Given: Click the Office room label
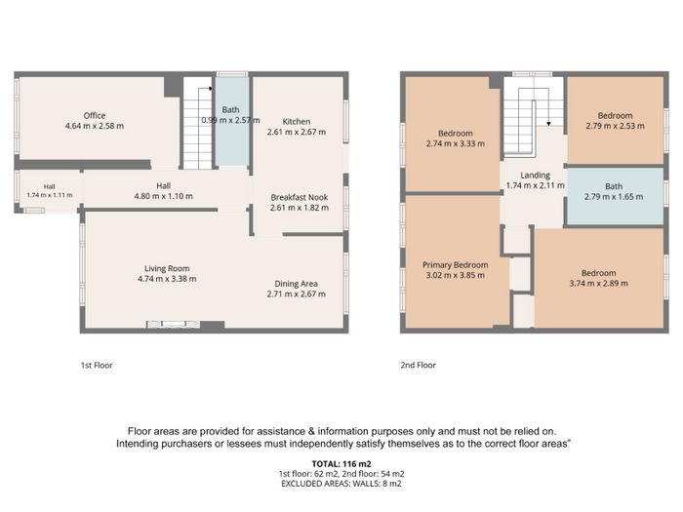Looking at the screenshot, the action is point(95,115).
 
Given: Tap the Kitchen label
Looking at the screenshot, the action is point(297,122).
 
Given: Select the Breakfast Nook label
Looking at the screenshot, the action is point(300,197).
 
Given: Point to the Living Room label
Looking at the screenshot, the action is point(167,268).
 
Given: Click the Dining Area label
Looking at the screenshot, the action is point(296,284).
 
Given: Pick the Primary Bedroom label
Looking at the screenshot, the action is point(456,264).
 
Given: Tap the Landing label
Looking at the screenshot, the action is point(535,175).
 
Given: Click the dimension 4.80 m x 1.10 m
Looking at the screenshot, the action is point(163,196).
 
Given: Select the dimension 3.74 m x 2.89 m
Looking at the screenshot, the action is point(598,284).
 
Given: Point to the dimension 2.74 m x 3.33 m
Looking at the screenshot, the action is point(456,143).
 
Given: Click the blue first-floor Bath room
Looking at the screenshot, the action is point(232,122).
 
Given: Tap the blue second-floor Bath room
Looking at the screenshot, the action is point(615,196).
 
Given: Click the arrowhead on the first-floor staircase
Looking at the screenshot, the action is point(211,89).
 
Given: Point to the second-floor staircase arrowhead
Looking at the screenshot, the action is point(548,124).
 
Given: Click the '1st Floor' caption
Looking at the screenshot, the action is point(97,366).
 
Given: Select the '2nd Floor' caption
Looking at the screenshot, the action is point(419,366).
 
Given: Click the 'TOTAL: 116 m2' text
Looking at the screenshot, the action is point(341,464).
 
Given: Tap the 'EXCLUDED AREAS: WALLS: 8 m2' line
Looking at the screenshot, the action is point(341,484).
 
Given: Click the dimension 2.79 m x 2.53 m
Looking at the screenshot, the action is point(615,126).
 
